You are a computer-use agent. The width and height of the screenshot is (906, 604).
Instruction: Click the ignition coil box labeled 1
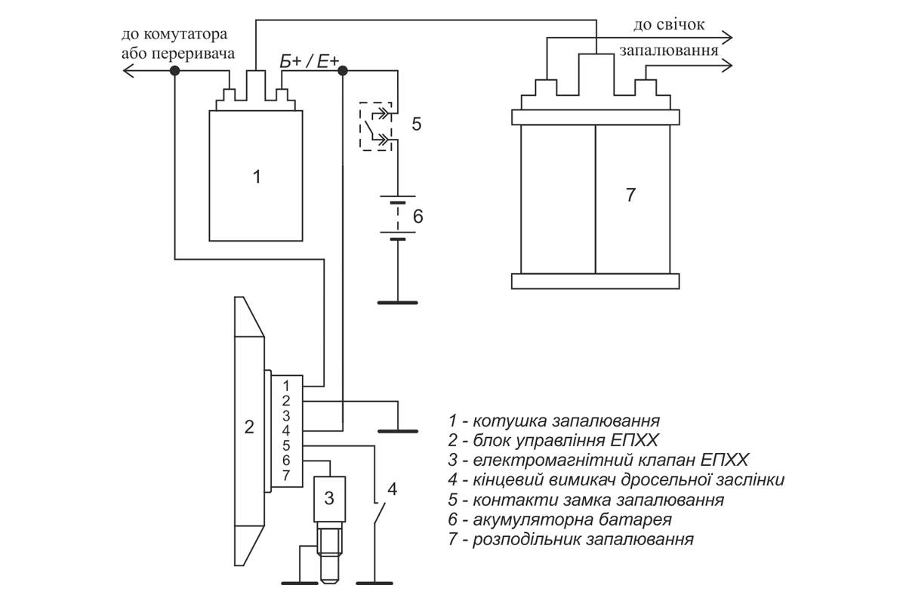[x=256, y=176]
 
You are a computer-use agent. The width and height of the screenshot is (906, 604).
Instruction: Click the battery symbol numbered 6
[x=398, y=218]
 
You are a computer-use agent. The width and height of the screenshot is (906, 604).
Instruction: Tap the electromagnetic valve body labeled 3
[x=330, y=499]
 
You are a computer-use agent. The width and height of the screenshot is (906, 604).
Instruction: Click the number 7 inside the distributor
[x=630, y=195]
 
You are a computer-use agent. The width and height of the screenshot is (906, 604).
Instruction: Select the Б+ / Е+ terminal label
[x=309, y=61]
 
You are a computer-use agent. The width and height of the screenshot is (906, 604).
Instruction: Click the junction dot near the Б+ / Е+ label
[x=343, y=71]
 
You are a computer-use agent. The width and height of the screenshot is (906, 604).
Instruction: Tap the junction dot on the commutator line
[x=174, y=71]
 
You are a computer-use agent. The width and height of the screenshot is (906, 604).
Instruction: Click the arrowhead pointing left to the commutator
[x=128, y=71]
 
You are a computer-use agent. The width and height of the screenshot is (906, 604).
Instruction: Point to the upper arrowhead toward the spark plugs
[x=727, y=38]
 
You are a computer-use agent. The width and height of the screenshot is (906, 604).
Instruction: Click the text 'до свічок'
[x=669, y=25]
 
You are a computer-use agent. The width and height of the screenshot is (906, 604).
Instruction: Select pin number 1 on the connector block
[x=286, y=386]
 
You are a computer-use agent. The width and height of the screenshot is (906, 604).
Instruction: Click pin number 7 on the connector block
[x=286, y=476]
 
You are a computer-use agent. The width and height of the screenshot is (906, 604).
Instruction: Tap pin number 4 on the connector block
[x=286, y=430]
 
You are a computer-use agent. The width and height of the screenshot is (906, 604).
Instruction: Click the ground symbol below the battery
[x=398, y=303]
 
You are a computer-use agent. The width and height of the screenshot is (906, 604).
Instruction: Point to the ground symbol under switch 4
[x=374, y=583]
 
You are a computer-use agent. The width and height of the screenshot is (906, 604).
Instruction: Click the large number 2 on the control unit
[x=249, y=427]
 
